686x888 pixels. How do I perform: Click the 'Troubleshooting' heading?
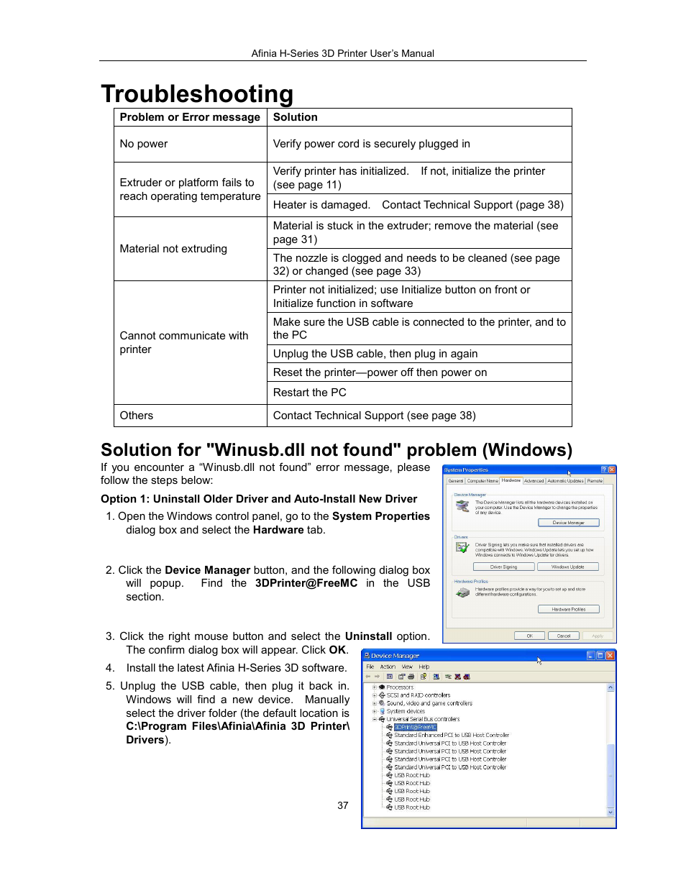click(x=197, y=94)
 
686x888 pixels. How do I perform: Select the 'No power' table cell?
click(x=144, y=144)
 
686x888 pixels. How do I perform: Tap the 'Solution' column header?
click(x=295, y=117)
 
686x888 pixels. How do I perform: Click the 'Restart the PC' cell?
click(x=309, y=393)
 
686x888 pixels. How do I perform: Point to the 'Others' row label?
click(x=137, y=416)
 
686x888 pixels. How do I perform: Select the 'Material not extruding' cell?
click(x=173, y=249)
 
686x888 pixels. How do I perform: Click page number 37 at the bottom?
click(x=343, y=805)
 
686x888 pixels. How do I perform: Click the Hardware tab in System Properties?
click(x=511, y=480)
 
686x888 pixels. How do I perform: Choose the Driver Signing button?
click(x=503, y=567)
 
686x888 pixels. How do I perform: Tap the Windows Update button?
click(x=567, y=567)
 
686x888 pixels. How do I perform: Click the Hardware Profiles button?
click(x=568, y=609)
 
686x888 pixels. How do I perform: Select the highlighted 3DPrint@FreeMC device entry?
click(x=415, y=727)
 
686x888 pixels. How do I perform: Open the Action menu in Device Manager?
click(x=388, y=667)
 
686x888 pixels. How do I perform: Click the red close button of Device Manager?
click(x=610, y=656)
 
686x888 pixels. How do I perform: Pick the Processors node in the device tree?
click(x=400, y=687)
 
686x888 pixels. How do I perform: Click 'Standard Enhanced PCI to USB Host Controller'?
click(x=451, y=735)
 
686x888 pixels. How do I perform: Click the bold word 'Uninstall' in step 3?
click(x=368, y=636)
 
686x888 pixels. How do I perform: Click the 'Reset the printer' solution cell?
click(x=380, y=372)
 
